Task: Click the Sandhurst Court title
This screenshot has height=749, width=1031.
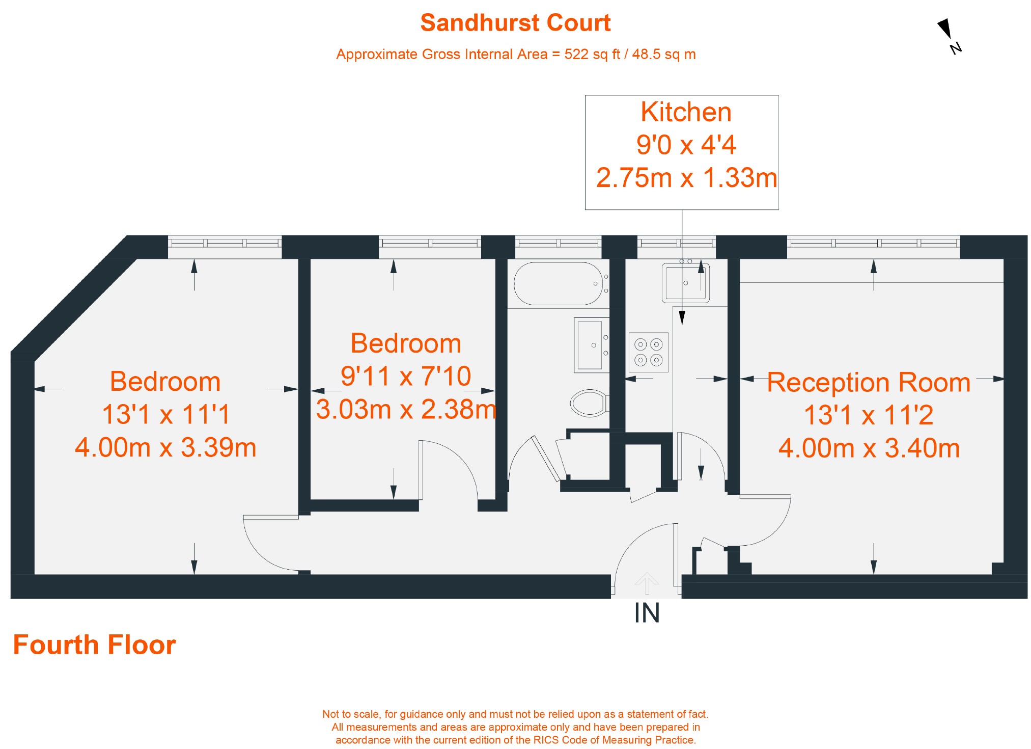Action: pos(515,23)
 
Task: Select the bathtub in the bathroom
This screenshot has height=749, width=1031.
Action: pos(558,283)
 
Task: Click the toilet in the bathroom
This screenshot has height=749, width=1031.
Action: pos(589,403)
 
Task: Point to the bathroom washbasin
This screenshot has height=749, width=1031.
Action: pos(591,345)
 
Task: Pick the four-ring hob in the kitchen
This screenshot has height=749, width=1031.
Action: pos(648,353)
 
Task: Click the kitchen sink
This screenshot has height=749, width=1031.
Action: pos(685,283)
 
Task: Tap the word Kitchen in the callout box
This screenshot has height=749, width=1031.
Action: pos(686,112)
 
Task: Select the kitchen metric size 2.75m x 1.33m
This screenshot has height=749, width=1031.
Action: pos(686,178)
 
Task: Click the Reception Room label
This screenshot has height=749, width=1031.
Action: pos(869,382)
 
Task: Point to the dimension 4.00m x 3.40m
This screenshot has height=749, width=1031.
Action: pos(869,448)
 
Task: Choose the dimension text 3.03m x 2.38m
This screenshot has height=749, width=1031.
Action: pos(406,409)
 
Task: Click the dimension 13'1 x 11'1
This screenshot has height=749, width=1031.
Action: pos(166,414)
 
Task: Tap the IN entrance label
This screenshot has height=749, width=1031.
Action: pos(647,613)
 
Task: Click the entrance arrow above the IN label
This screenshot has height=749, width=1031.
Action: pos(647,583)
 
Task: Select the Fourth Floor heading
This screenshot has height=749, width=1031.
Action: pos(94,645)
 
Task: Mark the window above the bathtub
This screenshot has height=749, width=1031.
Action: pos(558,243)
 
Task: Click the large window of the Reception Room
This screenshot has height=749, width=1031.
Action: pos(873,243)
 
